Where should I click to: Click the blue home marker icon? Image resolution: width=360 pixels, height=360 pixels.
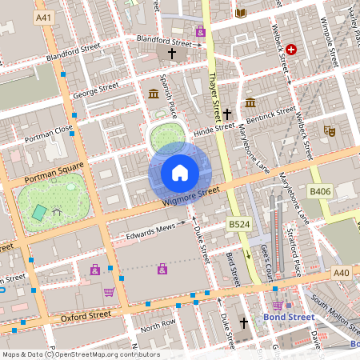pos(180,172)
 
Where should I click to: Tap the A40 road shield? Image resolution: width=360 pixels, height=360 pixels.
pos(342,274)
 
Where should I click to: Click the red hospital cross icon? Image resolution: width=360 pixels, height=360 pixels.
pos(292,50)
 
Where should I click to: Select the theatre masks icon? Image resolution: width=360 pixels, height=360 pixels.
pos(329,130)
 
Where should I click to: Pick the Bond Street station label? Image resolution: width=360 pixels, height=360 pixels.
pos(290,317)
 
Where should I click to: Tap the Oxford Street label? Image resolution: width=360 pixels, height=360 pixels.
pos(86,316)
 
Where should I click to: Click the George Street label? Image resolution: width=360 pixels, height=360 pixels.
pos(95,88)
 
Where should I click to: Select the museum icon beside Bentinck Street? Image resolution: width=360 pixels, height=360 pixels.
pos(250,103)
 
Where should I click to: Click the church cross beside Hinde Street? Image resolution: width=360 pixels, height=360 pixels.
pos(227,114)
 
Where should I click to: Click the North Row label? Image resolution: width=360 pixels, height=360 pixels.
pos(158,326)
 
